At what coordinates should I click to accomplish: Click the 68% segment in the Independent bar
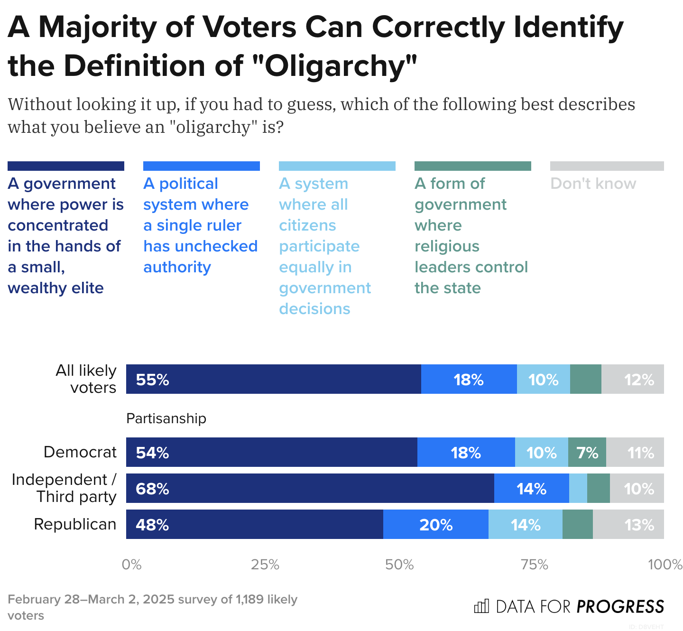click(x=310, y=488)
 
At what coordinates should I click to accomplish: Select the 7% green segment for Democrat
click(x=587, y=452)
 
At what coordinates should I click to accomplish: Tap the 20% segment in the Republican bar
click(x=435, y=524)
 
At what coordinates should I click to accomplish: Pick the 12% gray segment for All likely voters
click(x=632, y=379)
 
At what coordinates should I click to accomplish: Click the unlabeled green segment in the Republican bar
click(x=577, y=524)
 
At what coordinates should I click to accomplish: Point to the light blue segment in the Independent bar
click(x=578, y=488)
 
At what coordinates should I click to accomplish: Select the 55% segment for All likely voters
click(x=273, y=379)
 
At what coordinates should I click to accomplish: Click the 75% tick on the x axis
click(x=535, y=565)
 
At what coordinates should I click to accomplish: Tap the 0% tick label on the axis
click(x=131, y=565)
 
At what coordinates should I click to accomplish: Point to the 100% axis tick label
click(x=665, y=565)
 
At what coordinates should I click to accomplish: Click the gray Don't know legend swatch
click(x=607, y=166)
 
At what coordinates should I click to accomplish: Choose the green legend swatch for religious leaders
click(x=472, y=166)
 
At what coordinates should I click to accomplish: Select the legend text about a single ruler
click(x=200, y=225)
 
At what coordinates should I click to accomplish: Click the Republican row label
click(x=75, y=524)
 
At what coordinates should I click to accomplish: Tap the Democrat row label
click(x=80, y=452)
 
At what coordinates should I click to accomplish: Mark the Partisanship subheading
click(x=166, y=418)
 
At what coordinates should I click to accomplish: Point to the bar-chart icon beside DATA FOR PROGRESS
click(x=481, y=606)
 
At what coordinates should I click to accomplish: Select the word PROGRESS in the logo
click(x=620, y=607)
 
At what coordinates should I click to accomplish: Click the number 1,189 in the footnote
click(x=249, y=599)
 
